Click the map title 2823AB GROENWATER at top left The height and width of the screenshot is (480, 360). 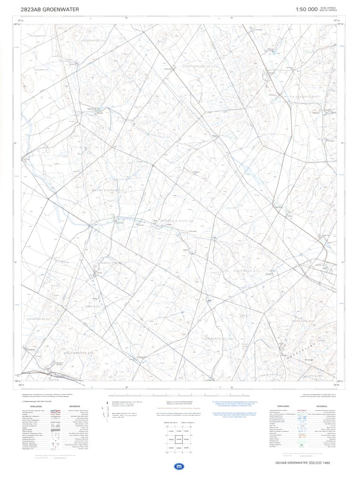(x=43, y=9)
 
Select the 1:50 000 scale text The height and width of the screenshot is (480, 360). (x=306, y=9)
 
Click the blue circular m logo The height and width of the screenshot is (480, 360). (x=179, y=466)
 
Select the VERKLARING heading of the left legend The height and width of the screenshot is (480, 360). (x=36, y=406)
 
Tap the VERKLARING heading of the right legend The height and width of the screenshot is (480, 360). (x=283, y=406)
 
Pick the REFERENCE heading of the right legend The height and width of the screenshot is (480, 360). (x=323, y=406)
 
